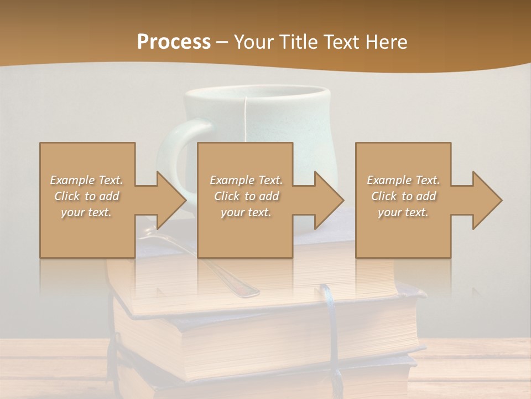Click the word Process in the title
click(x=174, y=42)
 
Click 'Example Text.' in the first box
click(x=87, y=180)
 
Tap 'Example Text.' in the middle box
click(x=246, y=180)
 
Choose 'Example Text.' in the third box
click(x=403, y=180)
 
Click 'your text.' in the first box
click(x=87, y=212)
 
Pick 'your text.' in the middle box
click(x=246, y=212)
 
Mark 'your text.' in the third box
click(x=403, y=212)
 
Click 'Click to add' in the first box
click(x=87, y=196)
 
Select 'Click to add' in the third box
click(x=403, y=196)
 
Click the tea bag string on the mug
click(x=245, y=119)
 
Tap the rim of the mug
click(x=257, y=90)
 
